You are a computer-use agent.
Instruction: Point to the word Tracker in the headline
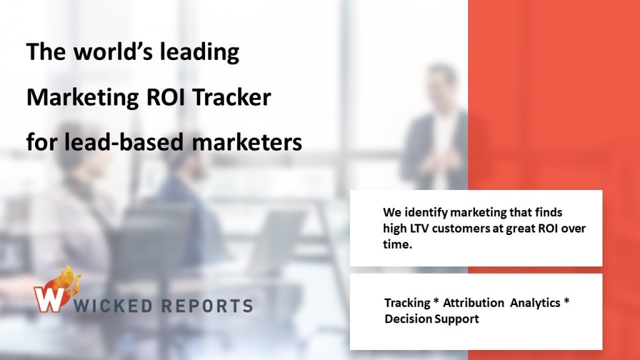[231, 97]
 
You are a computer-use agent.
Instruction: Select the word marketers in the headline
[247, 142]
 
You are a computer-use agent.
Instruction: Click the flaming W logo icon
[56, 290]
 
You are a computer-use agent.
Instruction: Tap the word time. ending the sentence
[397, 244]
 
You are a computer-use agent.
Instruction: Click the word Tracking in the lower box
[407, 303]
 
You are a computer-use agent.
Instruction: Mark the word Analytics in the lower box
[535, 303]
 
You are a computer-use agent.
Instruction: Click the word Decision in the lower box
[408, 319]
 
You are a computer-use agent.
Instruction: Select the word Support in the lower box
[456, 319]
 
